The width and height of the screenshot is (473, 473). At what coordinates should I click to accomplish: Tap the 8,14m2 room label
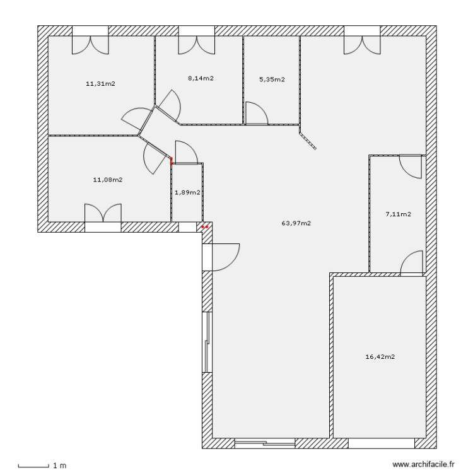coord(201,79)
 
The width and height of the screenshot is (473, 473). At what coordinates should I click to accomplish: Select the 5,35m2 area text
coord(272,79)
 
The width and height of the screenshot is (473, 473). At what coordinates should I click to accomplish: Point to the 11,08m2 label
coord(107,180)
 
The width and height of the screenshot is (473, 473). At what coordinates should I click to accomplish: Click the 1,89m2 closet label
coord(187,192)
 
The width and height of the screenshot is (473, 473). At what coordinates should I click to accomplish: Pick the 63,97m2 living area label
coord(296,223)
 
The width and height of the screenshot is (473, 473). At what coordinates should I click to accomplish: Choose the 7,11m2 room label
coord(398,214)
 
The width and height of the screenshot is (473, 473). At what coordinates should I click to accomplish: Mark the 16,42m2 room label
coord(380,356)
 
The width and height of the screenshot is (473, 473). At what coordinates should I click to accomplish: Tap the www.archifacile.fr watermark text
coord(423,464)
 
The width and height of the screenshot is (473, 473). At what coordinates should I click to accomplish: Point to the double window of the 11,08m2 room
coord(103,216)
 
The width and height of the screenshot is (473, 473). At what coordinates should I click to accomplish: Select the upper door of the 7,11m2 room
coord(411,166)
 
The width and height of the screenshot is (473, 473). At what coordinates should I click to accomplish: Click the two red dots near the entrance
coord(204,226)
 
